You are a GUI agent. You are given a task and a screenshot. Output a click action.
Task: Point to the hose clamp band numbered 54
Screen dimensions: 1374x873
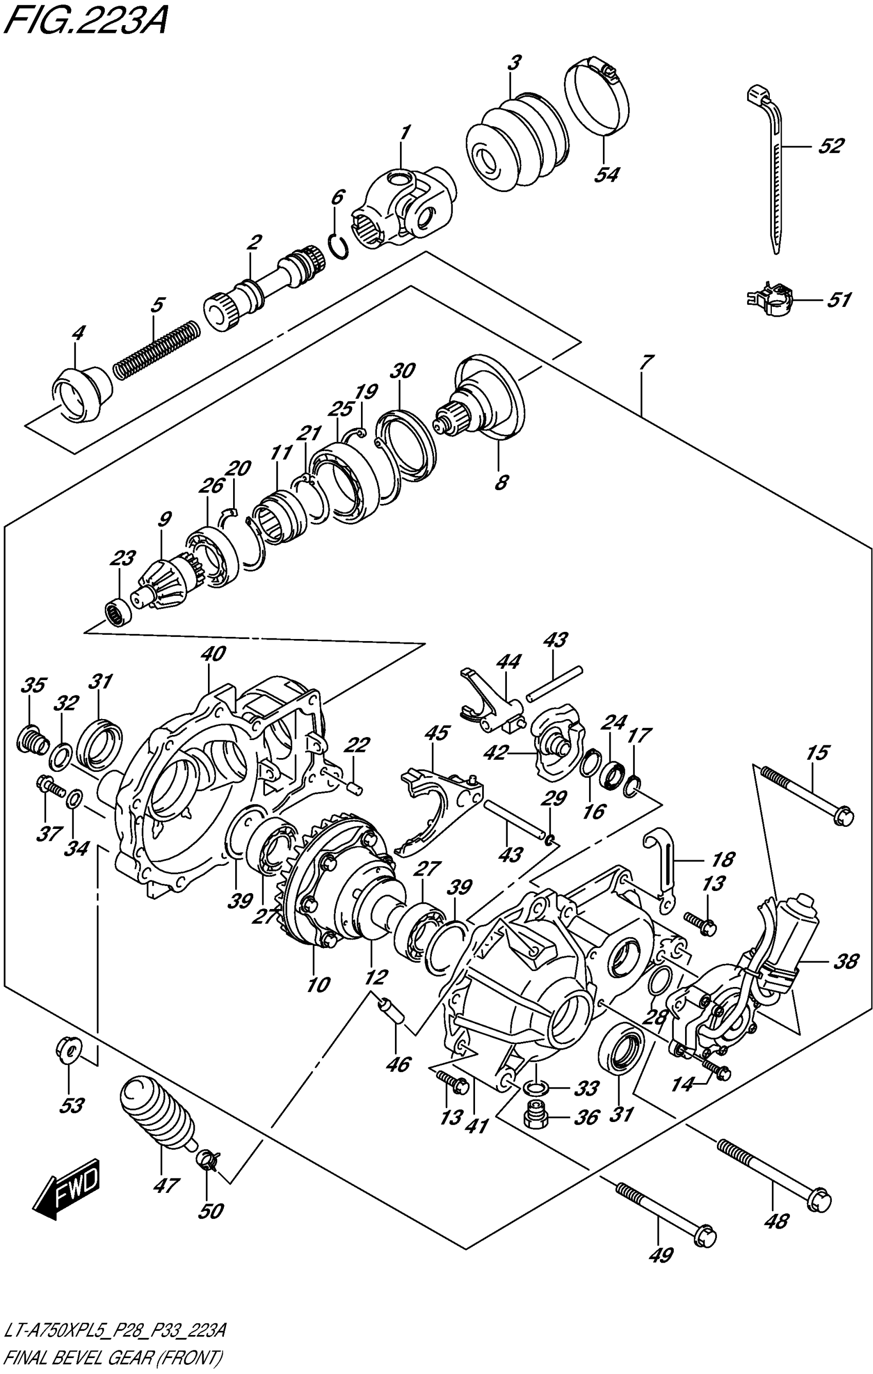598,103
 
